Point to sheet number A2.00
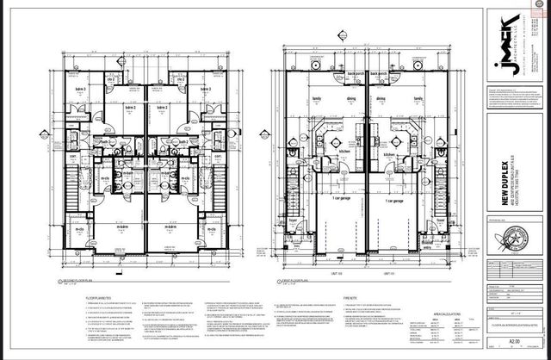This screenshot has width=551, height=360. point(513,340)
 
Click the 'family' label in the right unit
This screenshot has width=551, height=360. point(419,99)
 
